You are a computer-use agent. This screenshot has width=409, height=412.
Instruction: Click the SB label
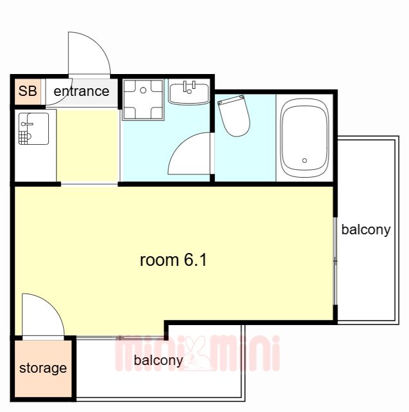point(28,91)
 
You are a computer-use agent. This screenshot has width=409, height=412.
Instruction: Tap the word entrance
point(82,91)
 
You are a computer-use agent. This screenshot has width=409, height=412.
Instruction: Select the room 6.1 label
point(174,260)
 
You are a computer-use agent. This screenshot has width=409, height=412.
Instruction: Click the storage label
point(43,368)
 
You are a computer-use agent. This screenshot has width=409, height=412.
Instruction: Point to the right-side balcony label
point(366,230)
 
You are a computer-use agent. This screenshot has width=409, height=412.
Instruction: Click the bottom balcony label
point(158,360)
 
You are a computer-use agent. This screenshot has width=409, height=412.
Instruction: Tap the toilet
point(234,116)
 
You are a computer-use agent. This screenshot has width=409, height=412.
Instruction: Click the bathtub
point(305,138)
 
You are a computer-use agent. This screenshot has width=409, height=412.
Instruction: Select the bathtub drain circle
point(305,160)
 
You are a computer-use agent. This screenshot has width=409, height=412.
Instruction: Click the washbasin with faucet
point(189,93)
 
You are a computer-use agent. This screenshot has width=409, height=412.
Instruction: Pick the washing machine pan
point(143,100)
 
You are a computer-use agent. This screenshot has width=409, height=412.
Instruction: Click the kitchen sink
point(33,129)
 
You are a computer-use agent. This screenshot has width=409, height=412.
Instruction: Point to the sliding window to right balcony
point(335,261)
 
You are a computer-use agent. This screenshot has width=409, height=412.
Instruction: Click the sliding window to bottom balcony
point(120,338)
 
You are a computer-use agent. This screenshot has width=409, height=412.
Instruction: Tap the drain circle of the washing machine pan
point(143,90)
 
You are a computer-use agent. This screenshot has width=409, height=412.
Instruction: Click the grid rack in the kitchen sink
point(23,138)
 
